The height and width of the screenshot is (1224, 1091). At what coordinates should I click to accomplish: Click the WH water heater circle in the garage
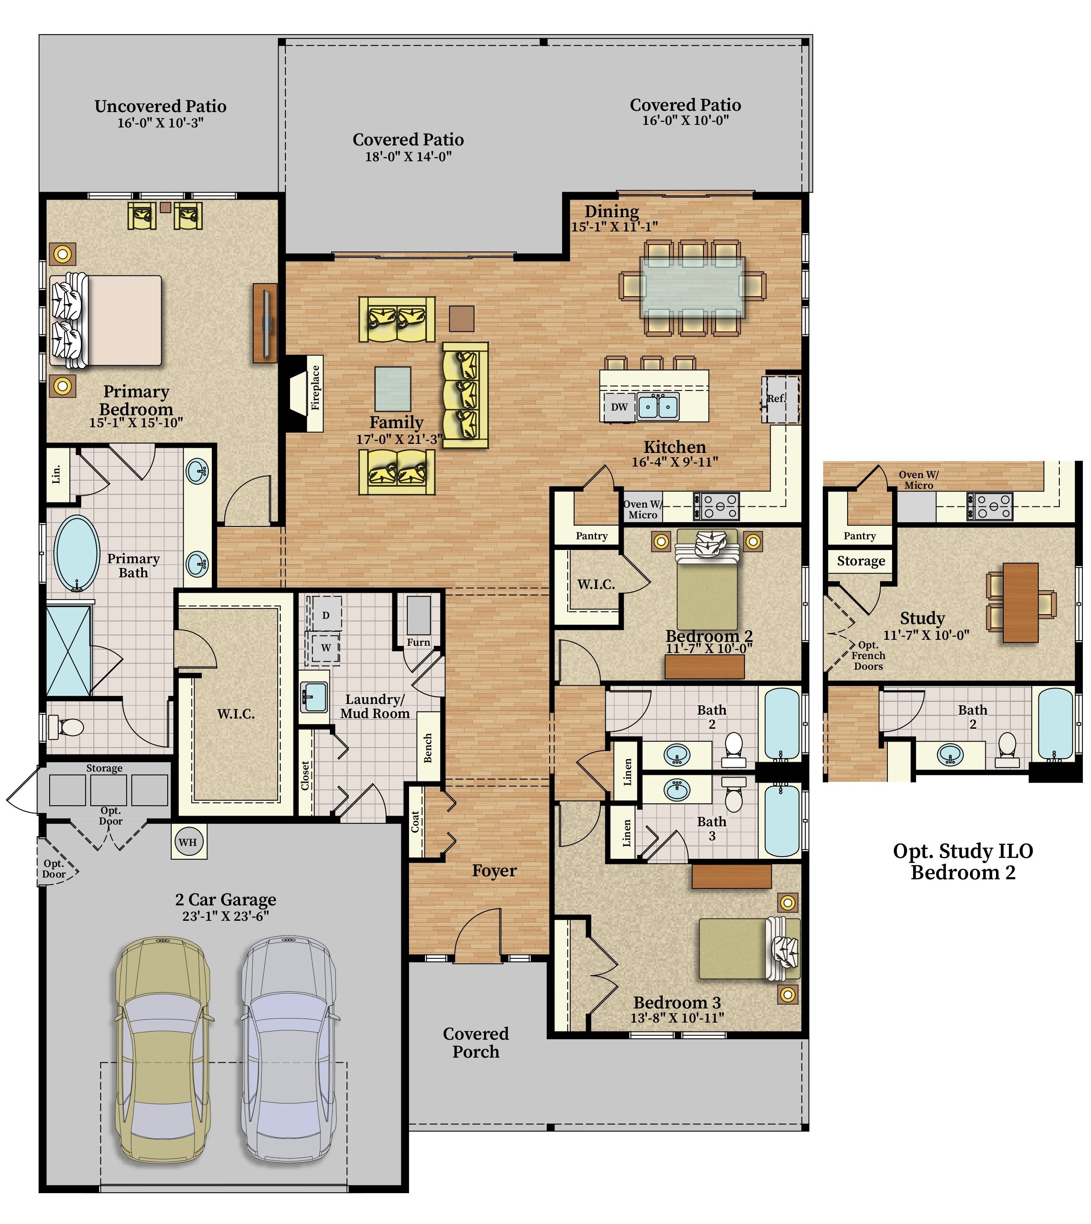point(188,842)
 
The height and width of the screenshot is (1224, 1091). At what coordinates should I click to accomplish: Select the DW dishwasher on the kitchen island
point(619,407)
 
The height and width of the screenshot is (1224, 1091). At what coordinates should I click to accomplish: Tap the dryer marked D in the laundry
point(325,615)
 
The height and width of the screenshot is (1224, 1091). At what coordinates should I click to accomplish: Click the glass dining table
point(692,287)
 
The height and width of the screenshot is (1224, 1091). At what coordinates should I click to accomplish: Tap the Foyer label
point(494,870)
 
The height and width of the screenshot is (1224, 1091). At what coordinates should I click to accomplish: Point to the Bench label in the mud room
point(428,748)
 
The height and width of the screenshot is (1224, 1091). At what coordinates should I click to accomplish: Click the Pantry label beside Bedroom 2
point(592,535)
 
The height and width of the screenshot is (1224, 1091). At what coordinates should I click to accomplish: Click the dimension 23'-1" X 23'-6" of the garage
point(225,916)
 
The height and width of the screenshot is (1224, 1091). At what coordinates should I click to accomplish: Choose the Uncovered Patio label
point(160,106)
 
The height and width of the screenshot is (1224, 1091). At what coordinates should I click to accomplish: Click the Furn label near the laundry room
point(418,642)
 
